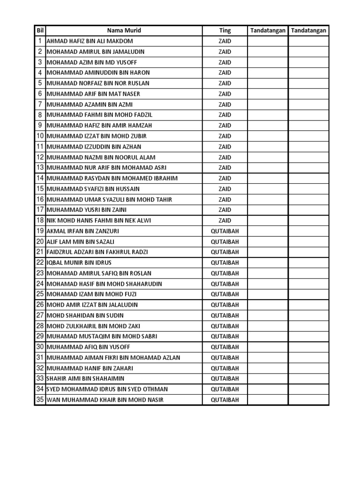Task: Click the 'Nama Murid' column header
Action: point(124,30)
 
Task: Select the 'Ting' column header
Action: point(225,30)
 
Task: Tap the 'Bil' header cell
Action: point(40,30)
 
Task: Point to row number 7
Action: point(40,105)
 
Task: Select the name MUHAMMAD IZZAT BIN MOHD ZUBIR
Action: point(97,136)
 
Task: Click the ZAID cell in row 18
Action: point(225,220)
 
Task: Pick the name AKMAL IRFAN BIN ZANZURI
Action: point(83,231)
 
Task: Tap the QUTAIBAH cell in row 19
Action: point(225,231)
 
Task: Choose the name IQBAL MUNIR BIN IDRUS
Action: point(79,262)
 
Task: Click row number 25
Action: point(40,294)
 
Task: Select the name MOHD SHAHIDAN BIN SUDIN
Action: point(84,315)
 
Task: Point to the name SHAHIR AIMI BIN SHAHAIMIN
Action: point(85,379)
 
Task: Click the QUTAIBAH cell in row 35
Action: point(225,400)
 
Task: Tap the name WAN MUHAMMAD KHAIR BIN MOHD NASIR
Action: point(105,400)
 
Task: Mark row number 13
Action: point(40,168)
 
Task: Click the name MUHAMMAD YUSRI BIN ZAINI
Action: point(87,210)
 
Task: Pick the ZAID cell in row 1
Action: point(225,41)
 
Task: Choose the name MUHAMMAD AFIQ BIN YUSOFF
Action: point(89,347)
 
